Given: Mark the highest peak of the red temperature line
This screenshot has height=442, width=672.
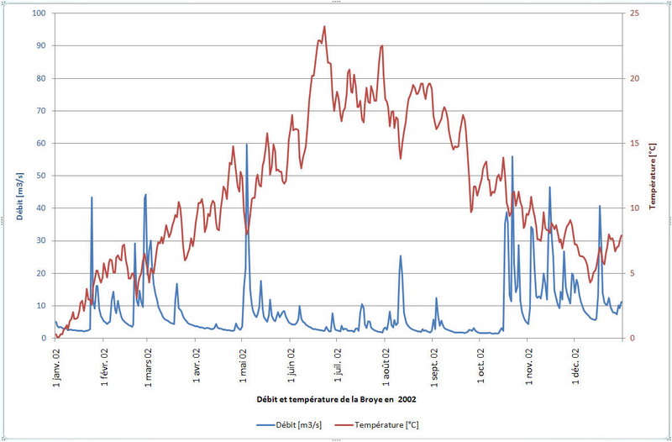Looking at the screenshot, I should point(324,26).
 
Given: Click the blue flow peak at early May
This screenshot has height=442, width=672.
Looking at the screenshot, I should point(247,145).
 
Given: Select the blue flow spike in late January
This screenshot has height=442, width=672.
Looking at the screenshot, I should point(92,197).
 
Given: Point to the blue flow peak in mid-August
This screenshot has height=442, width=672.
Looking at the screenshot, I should point(401,255).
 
